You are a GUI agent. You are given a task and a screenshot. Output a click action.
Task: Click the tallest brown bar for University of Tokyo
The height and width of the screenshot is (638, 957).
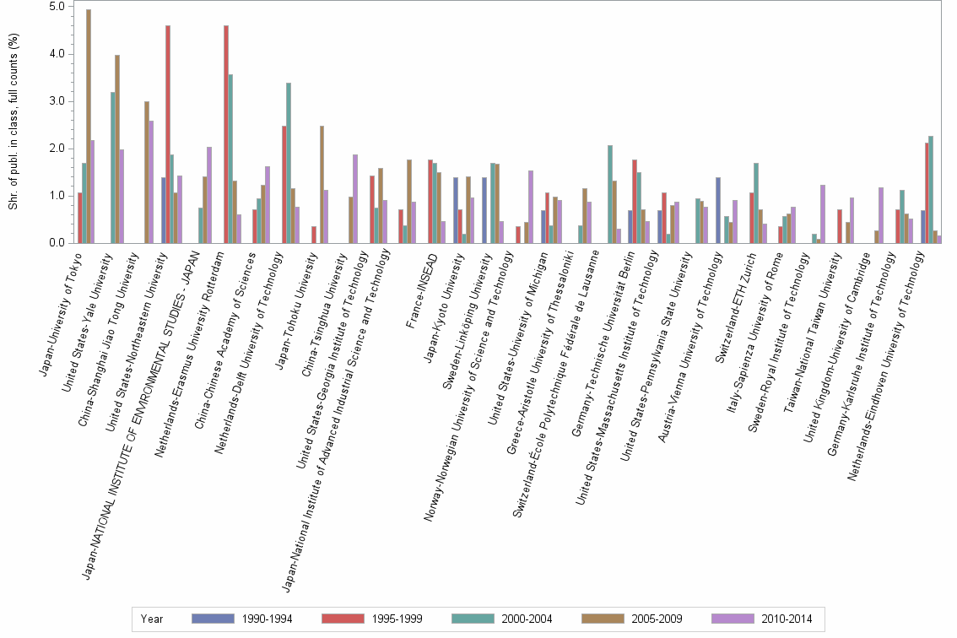click(89, 127)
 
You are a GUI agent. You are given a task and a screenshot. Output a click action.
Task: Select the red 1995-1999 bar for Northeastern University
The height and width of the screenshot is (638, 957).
click(168, 135)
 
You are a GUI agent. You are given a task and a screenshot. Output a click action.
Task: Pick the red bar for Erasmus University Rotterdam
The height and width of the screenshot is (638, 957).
click(226, 135)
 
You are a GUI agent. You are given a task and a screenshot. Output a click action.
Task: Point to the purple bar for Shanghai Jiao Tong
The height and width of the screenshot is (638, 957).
click(151, 181)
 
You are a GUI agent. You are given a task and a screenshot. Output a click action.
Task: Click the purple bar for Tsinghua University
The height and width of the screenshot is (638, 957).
click(355, 199)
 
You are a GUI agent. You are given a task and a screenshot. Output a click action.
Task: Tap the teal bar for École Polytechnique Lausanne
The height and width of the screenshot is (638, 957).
click(610, 194)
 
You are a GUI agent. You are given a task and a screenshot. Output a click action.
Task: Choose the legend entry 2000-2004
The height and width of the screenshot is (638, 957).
click(527, 619)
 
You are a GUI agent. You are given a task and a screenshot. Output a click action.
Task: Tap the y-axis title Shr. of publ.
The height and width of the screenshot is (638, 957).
click(12, 122)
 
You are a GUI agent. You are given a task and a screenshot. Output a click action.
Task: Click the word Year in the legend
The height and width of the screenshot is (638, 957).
click(152, 619)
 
